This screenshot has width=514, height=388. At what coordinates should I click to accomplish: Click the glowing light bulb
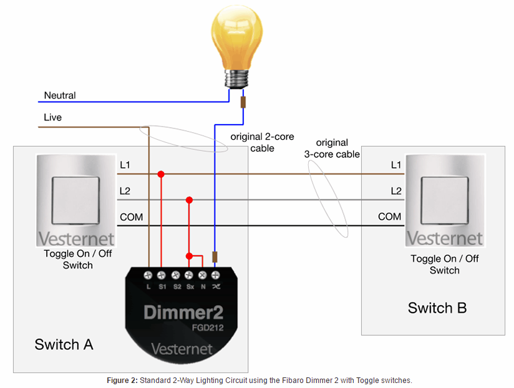[236, 47]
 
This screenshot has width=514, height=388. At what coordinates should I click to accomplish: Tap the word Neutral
[60, 95]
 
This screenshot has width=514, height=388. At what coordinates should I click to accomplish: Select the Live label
[53, 117]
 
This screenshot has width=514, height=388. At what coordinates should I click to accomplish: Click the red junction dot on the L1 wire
[161, 174]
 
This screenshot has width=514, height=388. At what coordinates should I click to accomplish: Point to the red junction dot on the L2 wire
[189, 200]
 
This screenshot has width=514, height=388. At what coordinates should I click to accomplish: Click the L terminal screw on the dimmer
[148, 275]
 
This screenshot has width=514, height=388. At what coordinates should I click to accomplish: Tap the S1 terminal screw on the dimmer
[162, 275]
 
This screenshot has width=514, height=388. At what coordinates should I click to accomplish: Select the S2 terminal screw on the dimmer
[176, 275]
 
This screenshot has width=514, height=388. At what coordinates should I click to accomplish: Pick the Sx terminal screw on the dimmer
[189, 275]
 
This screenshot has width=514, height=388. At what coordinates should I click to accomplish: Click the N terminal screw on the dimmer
[203, 275]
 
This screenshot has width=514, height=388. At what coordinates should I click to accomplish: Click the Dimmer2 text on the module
[183, 313]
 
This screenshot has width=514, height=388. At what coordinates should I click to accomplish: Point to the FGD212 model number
[208, 327]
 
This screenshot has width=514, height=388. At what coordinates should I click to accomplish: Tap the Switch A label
[64, 345]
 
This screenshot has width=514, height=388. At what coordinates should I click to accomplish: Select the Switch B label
[437, 308]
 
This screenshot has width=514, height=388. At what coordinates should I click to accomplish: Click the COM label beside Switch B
[389, 216]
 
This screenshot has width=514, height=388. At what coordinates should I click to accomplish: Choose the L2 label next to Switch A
[125, 191]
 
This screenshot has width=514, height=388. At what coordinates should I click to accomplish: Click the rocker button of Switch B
[445, 201]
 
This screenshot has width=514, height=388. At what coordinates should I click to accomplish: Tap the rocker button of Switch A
[75, 201]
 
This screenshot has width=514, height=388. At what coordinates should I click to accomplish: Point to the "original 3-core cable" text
[332, 148]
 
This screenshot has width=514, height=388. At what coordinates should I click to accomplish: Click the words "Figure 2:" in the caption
[122, 381]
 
